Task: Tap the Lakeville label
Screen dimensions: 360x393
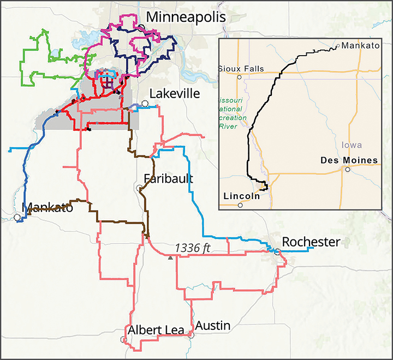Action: tap(174, 93)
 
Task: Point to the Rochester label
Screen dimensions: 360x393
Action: tap(311, 242)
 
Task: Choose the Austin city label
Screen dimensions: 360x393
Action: tap(212, 326)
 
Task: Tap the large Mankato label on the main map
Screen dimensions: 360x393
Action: tap(47, 207)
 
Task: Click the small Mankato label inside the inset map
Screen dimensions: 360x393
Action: tap(360, 46)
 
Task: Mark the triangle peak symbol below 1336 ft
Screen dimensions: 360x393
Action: tap(171, 258)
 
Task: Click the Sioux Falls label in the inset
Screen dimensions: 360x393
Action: tap(241, 69)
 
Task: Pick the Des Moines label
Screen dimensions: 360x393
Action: tap(349, 160)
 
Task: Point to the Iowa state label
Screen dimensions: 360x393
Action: tap(352, 145)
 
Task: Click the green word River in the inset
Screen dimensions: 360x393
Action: tap(228, 126)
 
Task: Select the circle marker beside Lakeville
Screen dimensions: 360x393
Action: tap(145, 103)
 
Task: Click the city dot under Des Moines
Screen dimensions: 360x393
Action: tap(347, 170)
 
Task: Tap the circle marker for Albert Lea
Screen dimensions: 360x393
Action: tap(123, 339)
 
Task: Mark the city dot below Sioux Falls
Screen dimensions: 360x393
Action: tap(239, 77)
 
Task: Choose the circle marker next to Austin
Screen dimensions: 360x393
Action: tap(192, 335)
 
